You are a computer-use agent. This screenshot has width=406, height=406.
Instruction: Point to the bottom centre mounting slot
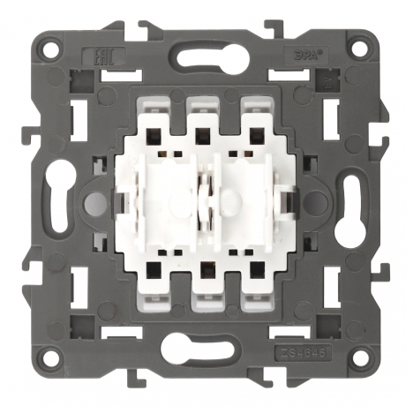pos(203,347)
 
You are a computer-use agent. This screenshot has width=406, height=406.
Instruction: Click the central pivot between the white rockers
pos(203,201)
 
